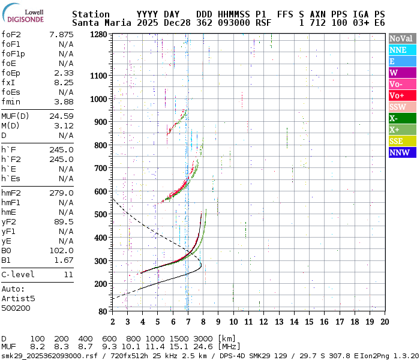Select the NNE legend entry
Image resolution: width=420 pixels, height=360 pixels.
pyautogui.click(x=401, y=50)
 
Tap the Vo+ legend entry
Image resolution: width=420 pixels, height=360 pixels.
pyautogui.click(x=401, y=95)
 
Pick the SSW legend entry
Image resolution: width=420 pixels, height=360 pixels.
pyautogui.click(x=401, y=107)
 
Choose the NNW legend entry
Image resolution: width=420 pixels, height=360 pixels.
pyautogui.click(x=401, y=152)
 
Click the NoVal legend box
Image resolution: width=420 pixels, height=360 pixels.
pyautogui.click(x=401, y=38)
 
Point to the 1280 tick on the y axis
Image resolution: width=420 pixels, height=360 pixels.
pyautogui.click(x=98, y=34)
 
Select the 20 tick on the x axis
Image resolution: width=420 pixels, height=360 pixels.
pyautogui.click(x=384, y=322)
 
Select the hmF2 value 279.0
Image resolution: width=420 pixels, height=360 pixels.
pyautogui.click(x=62, y=193)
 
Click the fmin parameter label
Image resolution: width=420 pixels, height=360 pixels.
pyautogui.click(x=11, y=101)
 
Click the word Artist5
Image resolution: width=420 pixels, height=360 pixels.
pyautogui.click(x=18, y=298)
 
